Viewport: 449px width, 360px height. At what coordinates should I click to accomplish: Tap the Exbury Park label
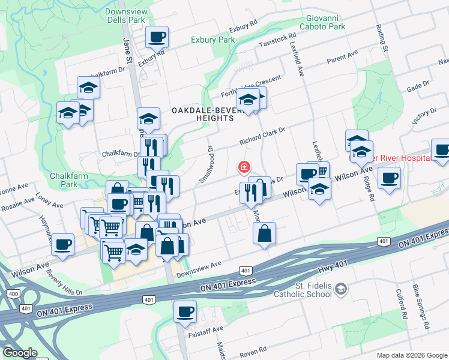tap(212, 40)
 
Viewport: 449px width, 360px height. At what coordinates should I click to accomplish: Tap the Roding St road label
tap(382, 38)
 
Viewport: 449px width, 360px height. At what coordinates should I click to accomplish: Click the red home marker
tap(244, 166)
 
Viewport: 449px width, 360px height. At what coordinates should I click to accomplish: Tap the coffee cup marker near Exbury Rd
tap(157, 37)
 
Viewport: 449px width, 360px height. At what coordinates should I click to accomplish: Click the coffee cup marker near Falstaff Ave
tap(185, 311)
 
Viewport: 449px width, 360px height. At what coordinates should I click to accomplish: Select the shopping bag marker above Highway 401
tap(264, 233)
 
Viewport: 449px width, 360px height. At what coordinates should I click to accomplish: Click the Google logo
tap(20, 353)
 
